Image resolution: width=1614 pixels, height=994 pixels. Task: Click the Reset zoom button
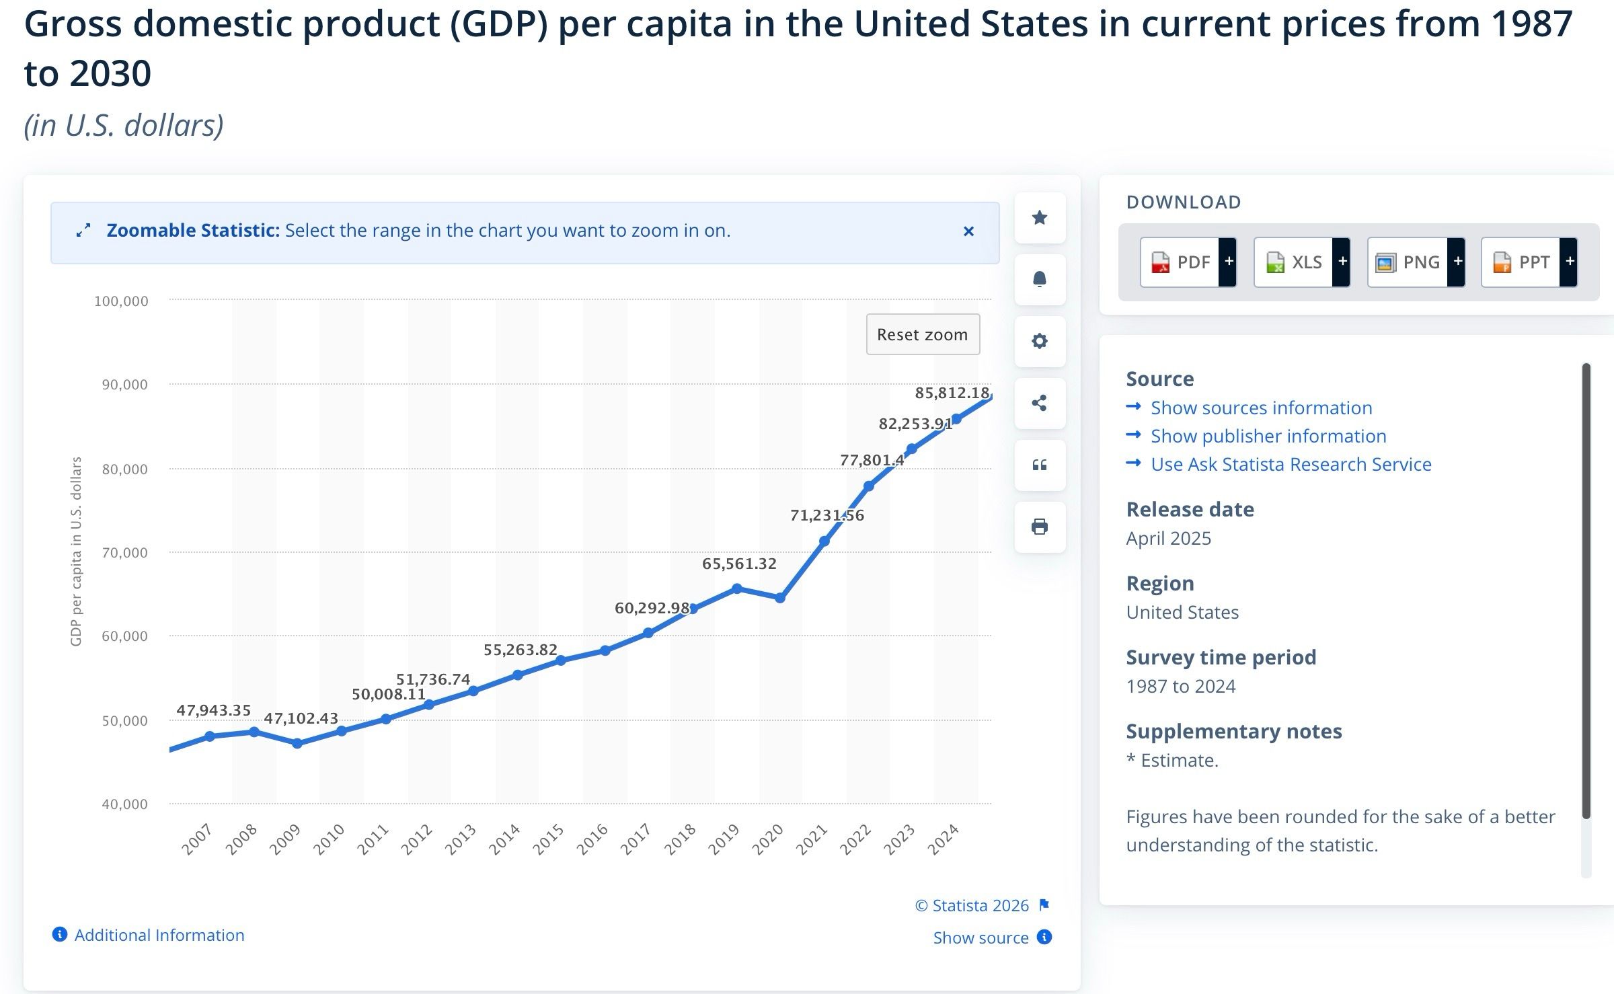pos(923,334)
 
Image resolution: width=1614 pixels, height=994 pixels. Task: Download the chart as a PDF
pos(1188,262)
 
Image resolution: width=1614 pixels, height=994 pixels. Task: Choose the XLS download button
pos(1302,262)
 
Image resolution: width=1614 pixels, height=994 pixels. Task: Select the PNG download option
pos(1416,262)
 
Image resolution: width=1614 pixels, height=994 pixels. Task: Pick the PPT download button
pos(1529,262)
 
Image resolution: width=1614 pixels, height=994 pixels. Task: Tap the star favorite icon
pos(1040,217)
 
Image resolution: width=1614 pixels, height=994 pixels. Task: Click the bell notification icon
pos(1040,279)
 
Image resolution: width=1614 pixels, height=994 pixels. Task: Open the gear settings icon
pos(1040,341)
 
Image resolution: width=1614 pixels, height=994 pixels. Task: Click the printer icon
pos(1040,527)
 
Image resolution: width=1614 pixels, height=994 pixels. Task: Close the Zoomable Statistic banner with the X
pos(968,231)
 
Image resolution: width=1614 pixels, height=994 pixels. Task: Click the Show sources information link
pos(1261,408)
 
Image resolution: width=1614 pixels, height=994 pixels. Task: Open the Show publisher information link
pos(1268,436)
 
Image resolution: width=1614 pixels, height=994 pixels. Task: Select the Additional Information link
pos(159,935)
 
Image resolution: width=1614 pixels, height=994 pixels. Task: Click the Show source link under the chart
pos(981,938)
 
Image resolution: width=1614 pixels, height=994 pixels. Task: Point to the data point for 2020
pos(780,598)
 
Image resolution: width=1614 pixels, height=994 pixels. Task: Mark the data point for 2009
pos(297,743)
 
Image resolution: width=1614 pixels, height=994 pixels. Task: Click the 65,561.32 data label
pos(739,564)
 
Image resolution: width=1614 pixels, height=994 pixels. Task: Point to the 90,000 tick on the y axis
pos(124,385)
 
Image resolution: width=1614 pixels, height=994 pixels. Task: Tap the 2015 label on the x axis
pos(548,839)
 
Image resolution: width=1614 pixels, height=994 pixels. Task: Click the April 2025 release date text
pos(1169,538)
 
